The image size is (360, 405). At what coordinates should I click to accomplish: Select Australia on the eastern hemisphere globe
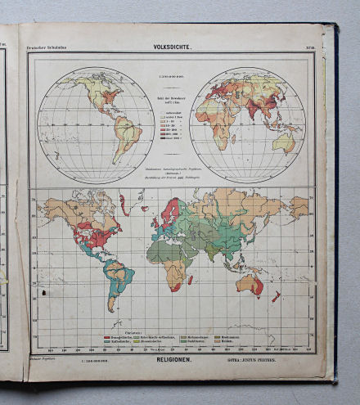pos(285,142)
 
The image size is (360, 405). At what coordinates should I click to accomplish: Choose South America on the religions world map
pos(118,277)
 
